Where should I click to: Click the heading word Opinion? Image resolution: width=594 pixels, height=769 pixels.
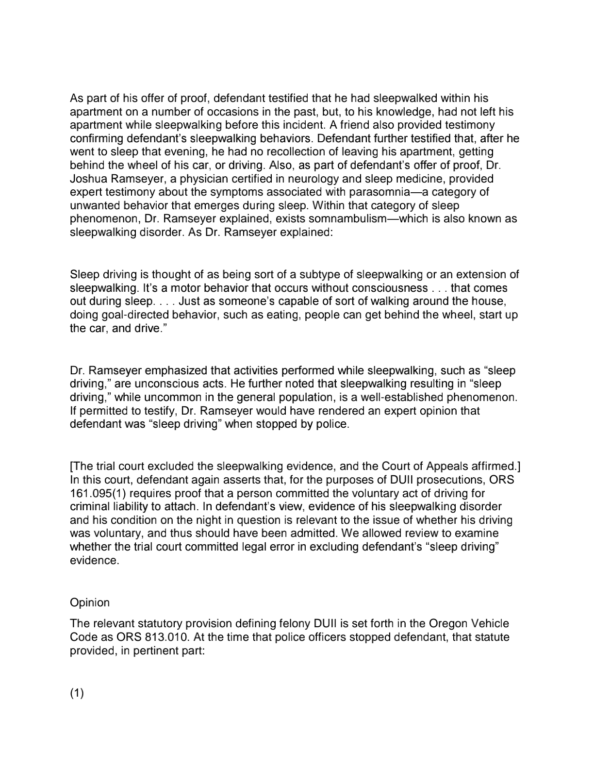(90, 602)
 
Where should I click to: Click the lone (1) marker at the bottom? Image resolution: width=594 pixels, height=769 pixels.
(77, 693)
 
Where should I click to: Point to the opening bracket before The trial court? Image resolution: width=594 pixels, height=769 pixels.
(72, 467)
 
